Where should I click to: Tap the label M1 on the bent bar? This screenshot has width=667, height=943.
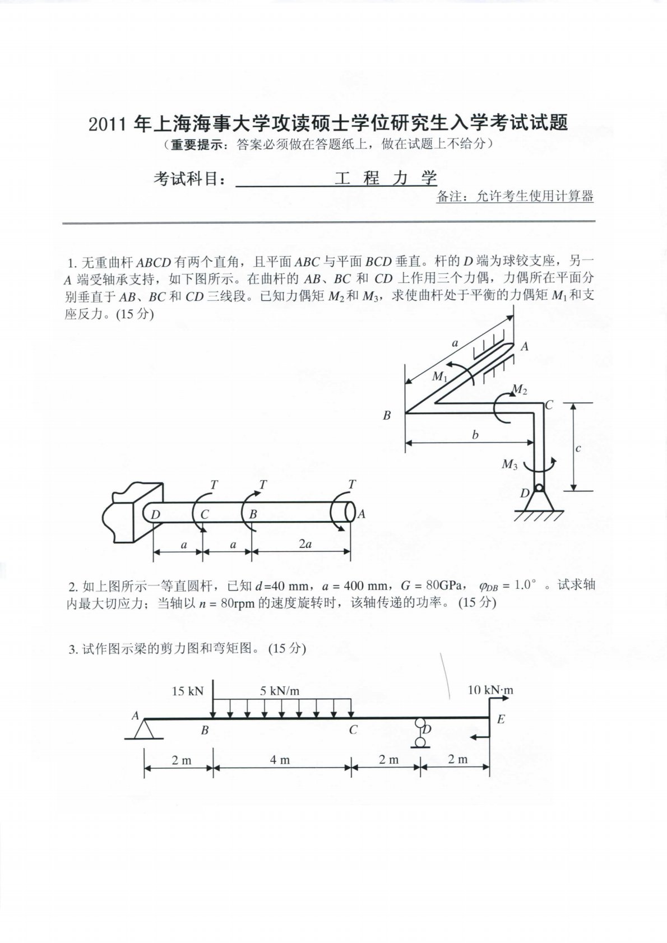[x=439, y=377]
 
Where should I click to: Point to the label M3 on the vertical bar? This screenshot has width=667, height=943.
[x=509, y=464]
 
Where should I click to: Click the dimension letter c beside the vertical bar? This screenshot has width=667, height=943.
[x=578, y=448]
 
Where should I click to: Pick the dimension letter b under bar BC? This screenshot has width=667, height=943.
[x=475, y=435]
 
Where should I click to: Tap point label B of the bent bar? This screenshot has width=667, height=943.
[x=387, y=416]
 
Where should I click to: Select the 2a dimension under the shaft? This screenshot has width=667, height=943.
[x=305, y=544]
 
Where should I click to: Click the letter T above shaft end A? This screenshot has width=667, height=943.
[x=352, y=484]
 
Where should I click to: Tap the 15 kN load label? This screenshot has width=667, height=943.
[x=187, y=691]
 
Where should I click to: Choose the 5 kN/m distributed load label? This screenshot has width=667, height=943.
[x=280, y=691]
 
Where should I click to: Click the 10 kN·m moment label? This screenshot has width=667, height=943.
[x=490, y=690]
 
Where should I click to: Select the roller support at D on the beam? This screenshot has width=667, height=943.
[x=420, y=733]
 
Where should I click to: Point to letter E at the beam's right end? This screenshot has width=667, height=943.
[x=501, y=719]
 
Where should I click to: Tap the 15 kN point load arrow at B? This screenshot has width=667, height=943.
[x=213, y=701]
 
